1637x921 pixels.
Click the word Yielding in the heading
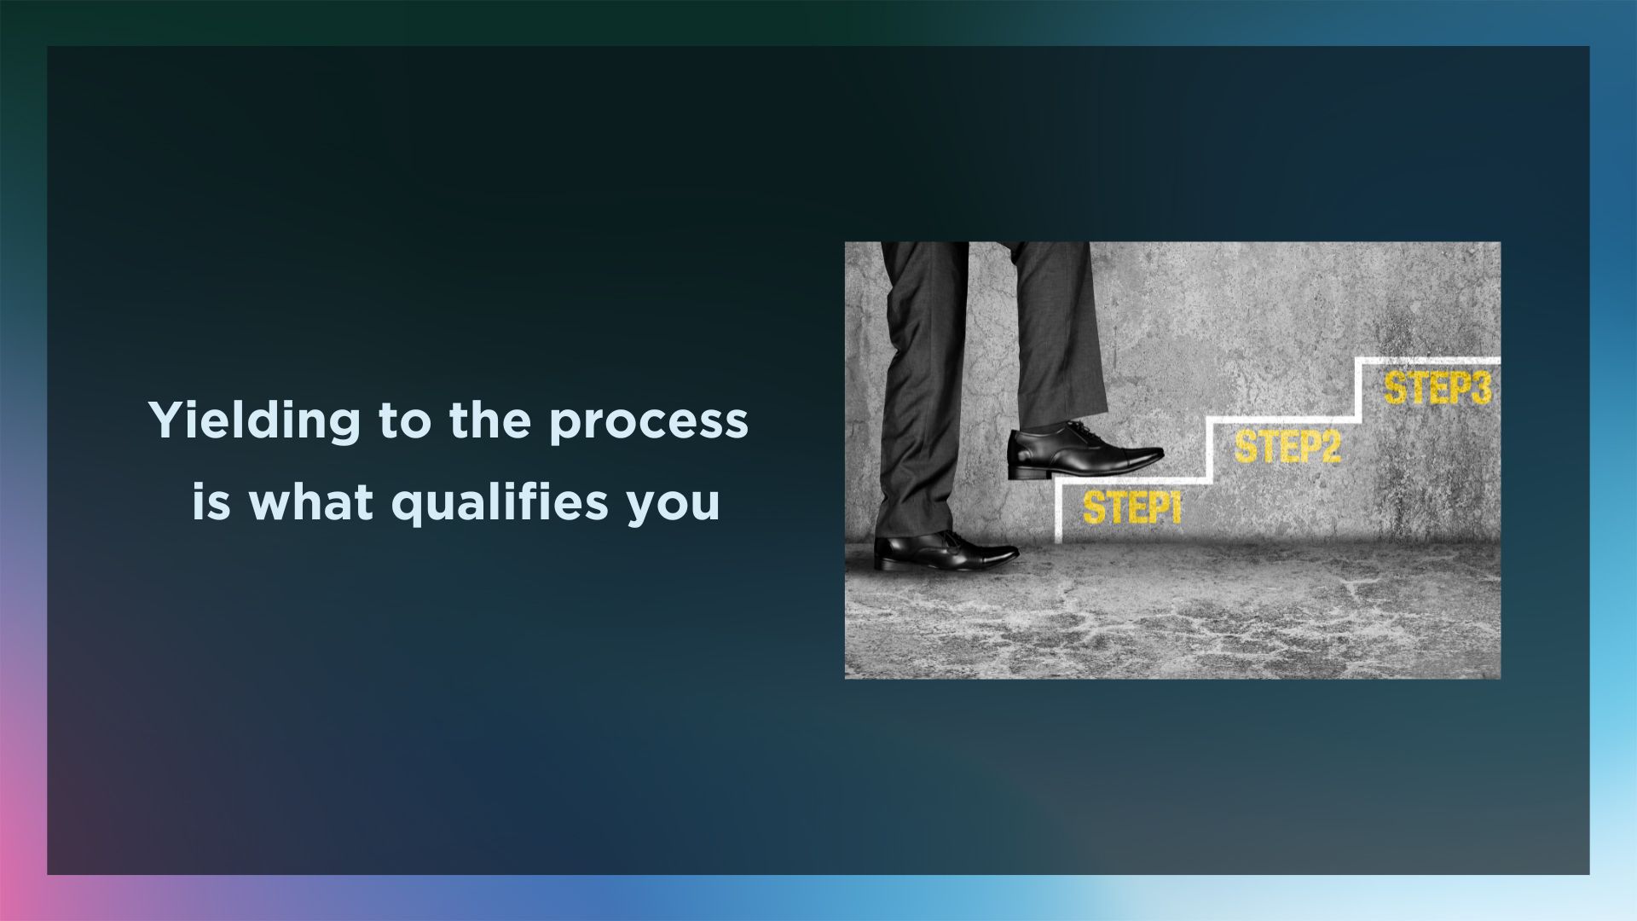point(254,421)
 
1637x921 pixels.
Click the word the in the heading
point(490,420)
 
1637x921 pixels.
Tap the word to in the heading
point(405,422)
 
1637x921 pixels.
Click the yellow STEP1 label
point(1132,507)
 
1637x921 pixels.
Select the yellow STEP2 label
point(1287,447)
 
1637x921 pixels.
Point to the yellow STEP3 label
point(1437,388)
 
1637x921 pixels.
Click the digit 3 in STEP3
point(1480,388)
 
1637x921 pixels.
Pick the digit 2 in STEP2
point(1329,447)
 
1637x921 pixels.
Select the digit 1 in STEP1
point(1176,508)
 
